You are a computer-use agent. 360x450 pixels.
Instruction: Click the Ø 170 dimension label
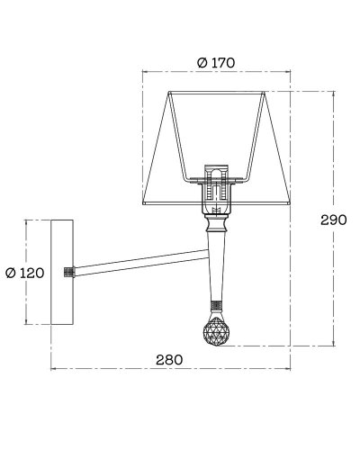pyautogui.click(x=216, y=63)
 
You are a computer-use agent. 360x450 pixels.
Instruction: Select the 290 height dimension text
pyautogui.click(x=334, y=220)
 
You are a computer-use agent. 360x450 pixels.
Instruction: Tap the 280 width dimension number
pyautogui.click(x=169, y=360)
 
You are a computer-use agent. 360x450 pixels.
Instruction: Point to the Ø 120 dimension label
pyautogui.click(x=25, y=273)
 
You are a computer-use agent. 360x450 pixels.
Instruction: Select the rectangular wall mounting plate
pyautogui.click(x=62, y=272)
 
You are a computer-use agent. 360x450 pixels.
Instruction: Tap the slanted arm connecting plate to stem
pyautogui.click(x=141, y=263)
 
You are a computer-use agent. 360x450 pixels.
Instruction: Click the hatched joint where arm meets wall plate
pyautogui.click(x=69, y=272)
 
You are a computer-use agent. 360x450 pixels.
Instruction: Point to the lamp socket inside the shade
pyautogui.click(x=216, y=187)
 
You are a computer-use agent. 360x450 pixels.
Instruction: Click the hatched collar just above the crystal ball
pyautogui.click(x=216, y=306)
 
